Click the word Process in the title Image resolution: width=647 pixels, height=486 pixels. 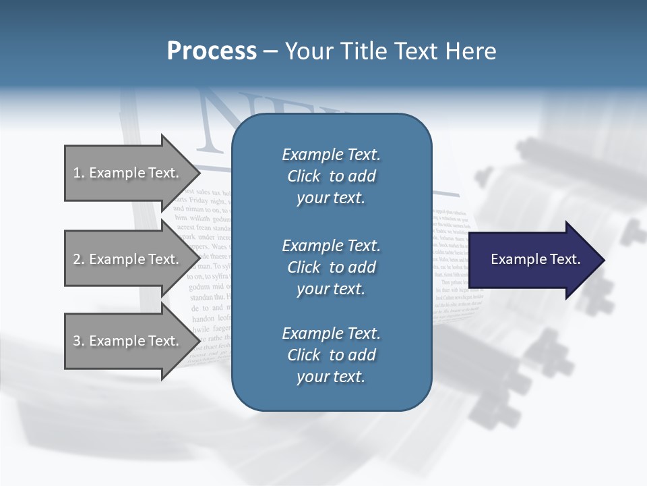coord(211,51)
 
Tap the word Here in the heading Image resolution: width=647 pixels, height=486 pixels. coord(470,51)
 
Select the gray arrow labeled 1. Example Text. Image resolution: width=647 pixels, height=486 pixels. coord(128,173)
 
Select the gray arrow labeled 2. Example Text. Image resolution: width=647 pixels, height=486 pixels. coord(128,259)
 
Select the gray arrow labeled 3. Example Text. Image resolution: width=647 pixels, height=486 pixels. coord(128,341)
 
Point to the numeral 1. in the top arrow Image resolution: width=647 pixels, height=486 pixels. coord(78,173)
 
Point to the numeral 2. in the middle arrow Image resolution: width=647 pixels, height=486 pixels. coord(78,259)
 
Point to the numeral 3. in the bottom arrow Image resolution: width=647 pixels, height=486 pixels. coord(78,341)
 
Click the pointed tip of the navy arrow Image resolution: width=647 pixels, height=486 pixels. coord(602,260)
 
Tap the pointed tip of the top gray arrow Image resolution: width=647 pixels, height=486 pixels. coord(197,173)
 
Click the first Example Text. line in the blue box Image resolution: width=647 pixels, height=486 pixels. coord(331,155)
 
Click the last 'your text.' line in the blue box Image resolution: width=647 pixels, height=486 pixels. coord(331,377)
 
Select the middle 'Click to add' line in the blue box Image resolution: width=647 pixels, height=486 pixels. coord(331,267)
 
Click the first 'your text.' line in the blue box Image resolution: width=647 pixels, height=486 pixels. coord(331,198)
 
